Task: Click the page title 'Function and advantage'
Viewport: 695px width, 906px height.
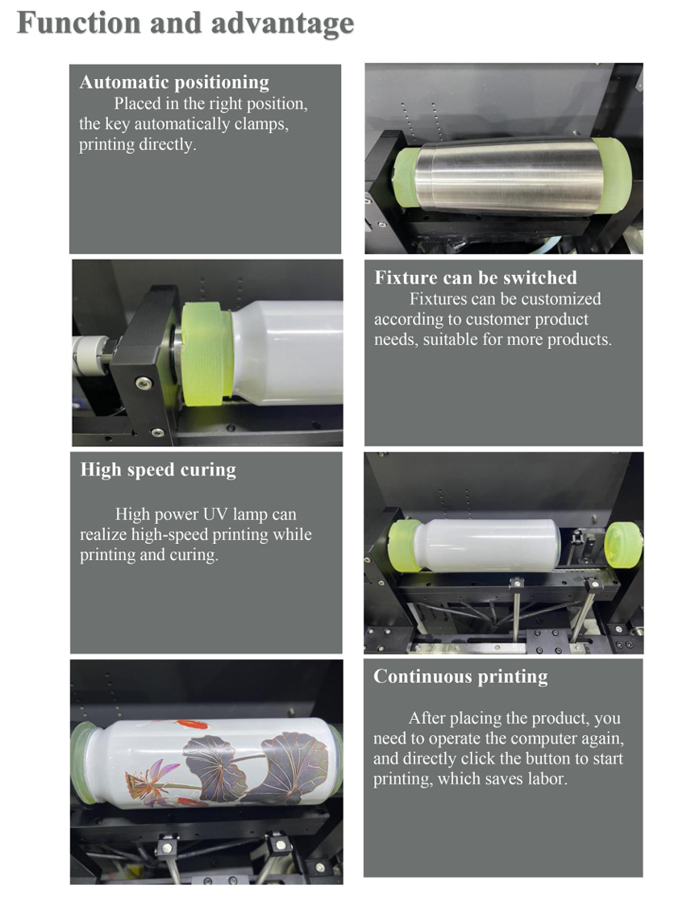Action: coord(185,24)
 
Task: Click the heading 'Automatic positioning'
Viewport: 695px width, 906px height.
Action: coord(174,83)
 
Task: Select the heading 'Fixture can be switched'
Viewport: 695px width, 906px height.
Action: coord(476,277)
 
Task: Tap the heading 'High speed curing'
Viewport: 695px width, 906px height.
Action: coord(158,470)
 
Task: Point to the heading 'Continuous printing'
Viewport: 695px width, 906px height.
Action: coord(460,676)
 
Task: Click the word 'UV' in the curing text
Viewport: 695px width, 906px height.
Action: coord(215,513)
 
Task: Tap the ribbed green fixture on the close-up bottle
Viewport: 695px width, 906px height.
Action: coord(206,353)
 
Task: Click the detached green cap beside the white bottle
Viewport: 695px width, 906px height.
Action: coord(622,545)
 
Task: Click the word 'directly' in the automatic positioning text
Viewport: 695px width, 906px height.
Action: coord(167,144)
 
